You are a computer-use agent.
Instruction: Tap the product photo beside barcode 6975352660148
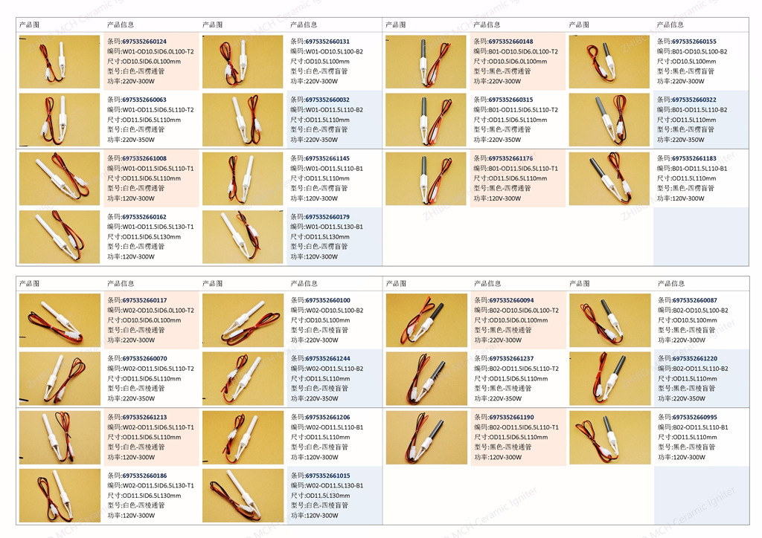coord(426,61)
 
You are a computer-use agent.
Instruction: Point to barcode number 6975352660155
coord(694,42)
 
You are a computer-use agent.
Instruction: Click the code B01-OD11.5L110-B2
coord(700,110)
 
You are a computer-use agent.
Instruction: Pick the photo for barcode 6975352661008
coord(60,178)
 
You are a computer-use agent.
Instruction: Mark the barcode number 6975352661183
coord(694,158)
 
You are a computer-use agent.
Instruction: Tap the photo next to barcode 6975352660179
coord(243,237)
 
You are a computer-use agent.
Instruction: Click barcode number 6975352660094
coord(511,300)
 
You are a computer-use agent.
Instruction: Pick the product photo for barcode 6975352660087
coord(609,320)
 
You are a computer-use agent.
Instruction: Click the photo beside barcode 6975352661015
coord(243,496)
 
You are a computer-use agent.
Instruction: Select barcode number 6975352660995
coord(694,417)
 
